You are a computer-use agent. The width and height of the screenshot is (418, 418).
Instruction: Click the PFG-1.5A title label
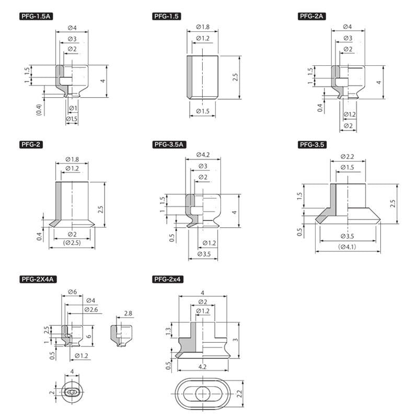tap(36, 16)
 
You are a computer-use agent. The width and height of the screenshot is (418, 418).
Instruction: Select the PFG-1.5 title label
tap(167, 16)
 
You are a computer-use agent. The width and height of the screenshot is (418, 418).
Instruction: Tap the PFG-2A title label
tap(311, 16)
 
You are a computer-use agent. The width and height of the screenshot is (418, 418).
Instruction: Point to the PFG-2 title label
tap(31, 145)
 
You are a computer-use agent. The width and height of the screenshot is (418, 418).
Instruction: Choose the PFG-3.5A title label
tap(169, 145)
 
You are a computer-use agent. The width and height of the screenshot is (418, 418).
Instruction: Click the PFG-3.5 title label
tap(312, 145)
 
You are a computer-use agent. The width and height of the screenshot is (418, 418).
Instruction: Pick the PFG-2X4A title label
tap(38, 280)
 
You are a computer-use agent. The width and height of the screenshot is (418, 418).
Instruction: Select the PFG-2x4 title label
tap(168, 280)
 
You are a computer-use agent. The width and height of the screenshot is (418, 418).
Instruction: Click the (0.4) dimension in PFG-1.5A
tap(39, 110)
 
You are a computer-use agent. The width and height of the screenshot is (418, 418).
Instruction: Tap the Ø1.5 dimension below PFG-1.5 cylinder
tap(203, 111)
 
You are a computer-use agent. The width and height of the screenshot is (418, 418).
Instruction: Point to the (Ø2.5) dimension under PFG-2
tap(72, 243)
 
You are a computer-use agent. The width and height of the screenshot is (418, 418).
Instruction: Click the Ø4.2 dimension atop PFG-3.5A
tap(203, 155)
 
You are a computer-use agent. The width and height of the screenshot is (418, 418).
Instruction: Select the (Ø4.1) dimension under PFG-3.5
tap(347, 247)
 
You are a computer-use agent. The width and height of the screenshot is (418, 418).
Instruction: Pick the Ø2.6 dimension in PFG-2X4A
tap(91, 309)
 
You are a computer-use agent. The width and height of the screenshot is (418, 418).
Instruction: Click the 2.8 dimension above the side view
tap(128, 313)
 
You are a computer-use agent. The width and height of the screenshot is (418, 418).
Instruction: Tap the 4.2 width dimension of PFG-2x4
tap(202, 367)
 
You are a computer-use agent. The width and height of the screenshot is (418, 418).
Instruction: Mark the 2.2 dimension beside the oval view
tap(239, 393)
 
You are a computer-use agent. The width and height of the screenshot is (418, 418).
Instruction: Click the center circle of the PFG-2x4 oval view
tap(203, 393)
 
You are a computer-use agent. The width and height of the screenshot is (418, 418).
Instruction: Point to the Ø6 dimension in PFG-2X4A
tap(72, 292)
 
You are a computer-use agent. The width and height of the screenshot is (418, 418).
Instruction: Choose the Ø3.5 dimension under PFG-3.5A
tap(204, 254)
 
